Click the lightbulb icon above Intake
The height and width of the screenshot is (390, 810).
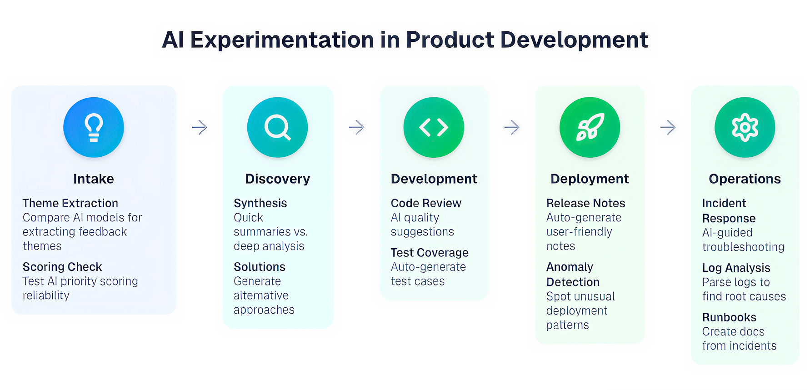click(94, 127)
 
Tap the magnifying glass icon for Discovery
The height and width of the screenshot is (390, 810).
click(277, 128)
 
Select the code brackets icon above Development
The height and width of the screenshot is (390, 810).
click(434, 127)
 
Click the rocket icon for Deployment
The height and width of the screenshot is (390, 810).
click(590, 127)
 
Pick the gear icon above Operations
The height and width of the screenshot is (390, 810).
click(745, 127)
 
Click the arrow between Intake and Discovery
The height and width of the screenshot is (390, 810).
click(200, 127)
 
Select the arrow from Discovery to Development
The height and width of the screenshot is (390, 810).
click(356, 127)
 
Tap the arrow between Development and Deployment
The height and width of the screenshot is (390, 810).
click(512, 127)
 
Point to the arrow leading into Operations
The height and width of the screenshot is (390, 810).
click(668, 127)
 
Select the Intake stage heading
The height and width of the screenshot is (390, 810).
click(94, 179)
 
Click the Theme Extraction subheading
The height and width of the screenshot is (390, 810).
click(70, 203)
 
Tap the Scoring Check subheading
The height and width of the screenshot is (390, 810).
click(62, 267)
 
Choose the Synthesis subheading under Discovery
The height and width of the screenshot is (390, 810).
click(260, 203)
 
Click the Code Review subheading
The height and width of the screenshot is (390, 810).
click(426, 203)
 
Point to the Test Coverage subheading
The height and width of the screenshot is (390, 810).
click(430, 253)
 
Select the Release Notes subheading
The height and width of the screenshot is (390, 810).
click(586, 203)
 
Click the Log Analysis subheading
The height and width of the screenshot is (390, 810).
click(736, 268)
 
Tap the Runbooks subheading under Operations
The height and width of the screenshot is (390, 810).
click(730, 317)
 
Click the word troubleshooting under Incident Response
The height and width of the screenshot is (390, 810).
click(744, 247)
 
